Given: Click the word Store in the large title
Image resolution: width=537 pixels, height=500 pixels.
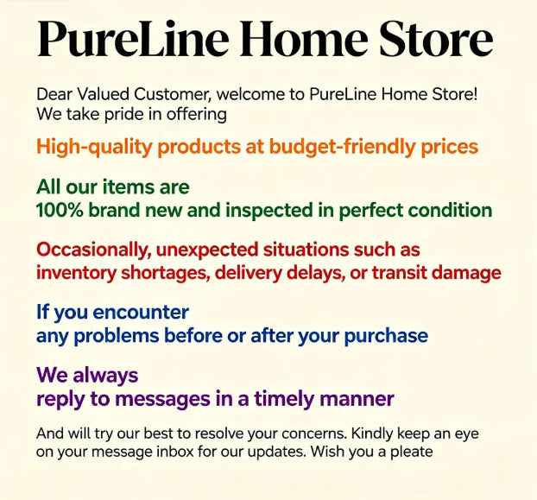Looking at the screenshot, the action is click(x=436, y=38).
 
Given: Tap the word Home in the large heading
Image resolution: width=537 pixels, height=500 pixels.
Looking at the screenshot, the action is click(x=303, y=38).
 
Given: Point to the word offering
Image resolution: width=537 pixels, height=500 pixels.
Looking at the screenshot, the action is click(x=197, y=114).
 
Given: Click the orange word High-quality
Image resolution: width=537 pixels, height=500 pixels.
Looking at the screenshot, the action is click(x=94, y=147).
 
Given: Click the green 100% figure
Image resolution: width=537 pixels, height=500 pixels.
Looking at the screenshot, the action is click(x=60, y=210).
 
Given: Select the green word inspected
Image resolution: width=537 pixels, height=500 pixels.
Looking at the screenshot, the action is click(x=269, y=211).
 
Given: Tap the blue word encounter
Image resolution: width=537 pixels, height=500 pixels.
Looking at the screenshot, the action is click(x=141, y=313).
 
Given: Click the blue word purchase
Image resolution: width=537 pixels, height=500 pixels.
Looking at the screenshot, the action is click(x=386, y=336).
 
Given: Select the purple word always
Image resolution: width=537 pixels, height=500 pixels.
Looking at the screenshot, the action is click(x=105, y=376).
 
